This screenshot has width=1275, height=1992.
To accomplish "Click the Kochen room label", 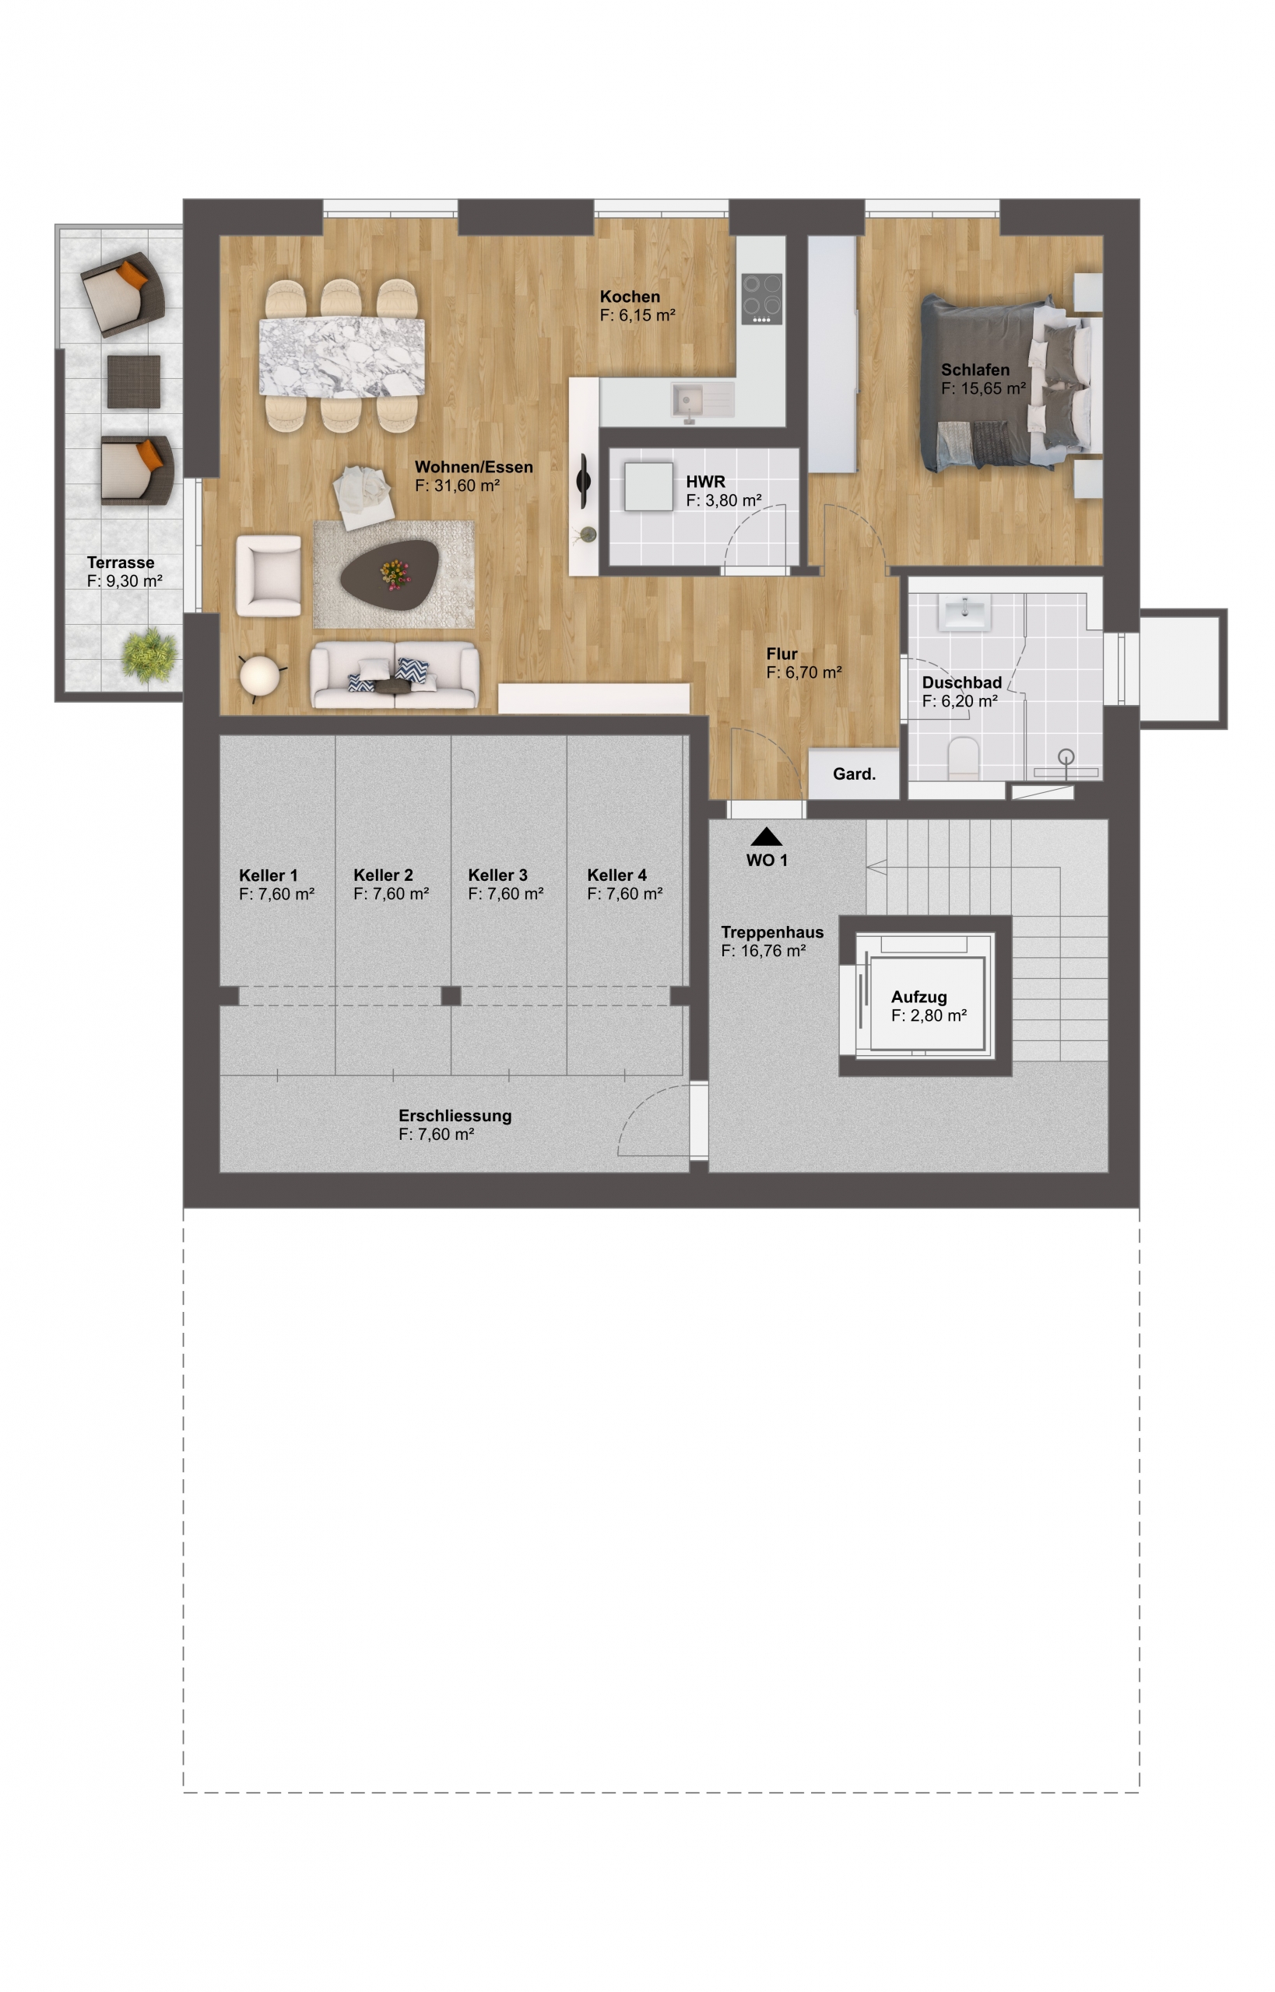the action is coord(629,296).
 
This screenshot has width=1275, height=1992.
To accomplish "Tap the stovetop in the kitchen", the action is coord(762,299).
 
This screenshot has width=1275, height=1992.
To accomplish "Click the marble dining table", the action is coord(342,356).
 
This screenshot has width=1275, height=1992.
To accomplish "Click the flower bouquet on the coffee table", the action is coord(395,573).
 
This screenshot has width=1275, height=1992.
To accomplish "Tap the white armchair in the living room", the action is coord(269,575).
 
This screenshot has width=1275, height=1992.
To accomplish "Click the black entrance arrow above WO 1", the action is coord(767,836).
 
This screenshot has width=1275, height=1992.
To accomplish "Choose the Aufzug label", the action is coord(918,998).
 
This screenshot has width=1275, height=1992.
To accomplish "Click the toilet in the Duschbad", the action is coord(963,758).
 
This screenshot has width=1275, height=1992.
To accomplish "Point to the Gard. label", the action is coord(854,773).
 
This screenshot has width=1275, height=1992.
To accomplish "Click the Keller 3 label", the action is coord(497,875).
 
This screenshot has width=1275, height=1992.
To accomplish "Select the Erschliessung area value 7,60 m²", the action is coord(437,1135).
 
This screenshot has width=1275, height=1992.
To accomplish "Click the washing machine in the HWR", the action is coord(648,486).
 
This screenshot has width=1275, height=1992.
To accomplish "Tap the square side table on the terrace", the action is coord(133,381).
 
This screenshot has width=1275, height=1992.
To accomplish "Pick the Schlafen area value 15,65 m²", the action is coord(984,388).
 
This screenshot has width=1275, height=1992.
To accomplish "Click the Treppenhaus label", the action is coord(771,932).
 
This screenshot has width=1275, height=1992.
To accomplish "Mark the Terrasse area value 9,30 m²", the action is coord(125,581).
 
